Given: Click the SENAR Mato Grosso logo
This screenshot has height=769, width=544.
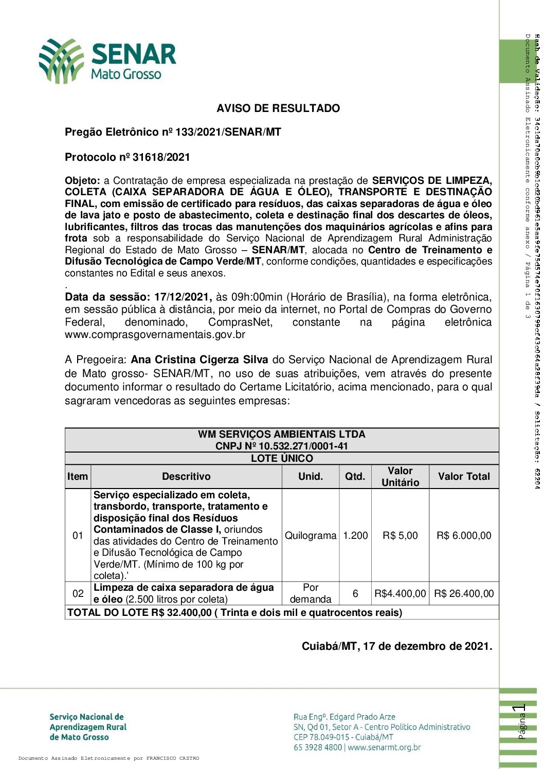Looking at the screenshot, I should (x=107, y=61).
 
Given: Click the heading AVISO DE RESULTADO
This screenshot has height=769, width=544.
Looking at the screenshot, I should (x=278, y=108).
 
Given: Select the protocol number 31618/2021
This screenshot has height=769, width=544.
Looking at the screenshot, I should (x=161, y=157).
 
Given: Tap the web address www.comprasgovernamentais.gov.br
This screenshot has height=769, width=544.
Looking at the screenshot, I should (x=155, y=335).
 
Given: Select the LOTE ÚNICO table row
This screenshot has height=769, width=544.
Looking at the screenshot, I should (x=282, y=458).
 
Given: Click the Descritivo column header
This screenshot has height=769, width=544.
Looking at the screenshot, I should (x=186, y=476).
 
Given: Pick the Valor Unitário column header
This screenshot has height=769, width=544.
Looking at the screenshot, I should (x=400, y=476).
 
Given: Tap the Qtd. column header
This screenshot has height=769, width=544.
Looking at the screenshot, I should (x=355, y=476).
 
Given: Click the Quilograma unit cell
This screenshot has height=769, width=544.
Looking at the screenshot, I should (x=311, y=535).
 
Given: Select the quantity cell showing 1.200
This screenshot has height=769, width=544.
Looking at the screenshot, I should (x=355, y=535).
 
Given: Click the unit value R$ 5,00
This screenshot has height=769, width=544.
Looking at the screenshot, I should (x=400, y=535).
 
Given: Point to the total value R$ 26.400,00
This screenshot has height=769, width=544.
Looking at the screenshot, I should (x=464, y=593).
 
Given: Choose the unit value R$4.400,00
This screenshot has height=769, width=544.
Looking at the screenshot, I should (x=400, y=593).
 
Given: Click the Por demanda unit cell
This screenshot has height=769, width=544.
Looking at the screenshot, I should (x=311, y=593).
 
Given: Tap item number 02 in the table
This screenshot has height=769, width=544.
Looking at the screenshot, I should (x=78, y=593).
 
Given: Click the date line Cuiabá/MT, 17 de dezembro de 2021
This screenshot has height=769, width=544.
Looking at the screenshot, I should (x=396, y=646).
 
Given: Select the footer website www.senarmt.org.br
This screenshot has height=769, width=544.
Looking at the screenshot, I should (x=384, y=747).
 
